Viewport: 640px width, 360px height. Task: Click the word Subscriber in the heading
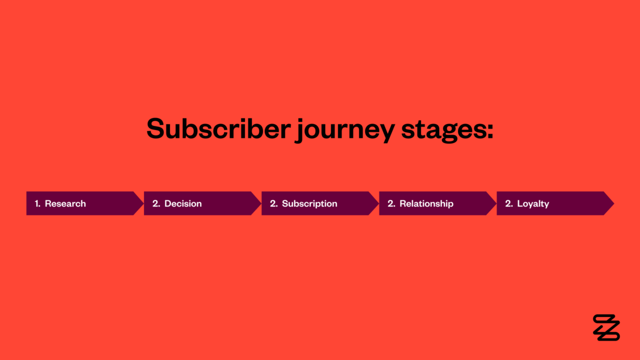pyautogui.click(x=218, y=128)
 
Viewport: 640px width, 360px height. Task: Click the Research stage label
pyautogui.click(x=65, y=203)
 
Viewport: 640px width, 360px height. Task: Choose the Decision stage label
pyautogui.click(x=183, y=203)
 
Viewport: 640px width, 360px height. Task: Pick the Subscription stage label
pyautogui.click(x=309, y=203)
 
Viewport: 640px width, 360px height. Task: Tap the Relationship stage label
pyautogui.click(x=426, y=203)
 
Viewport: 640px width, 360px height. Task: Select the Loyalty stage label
pyautogui.click(x=533, y=203)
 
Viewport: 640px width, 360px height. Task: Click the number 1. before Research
pyautogui.click(x=37, y=203)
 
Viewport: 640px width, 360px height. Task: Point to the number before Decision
pyautogui.click(x=156, y=203)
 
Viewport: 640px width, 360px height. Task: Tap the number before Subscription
pyautogui.click(x=273, y=203)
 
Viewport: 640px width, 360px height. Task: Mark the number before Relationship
pyautogui.click(x=391, y=203)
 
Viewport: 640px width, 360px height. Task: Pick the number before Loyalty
pyautogui.click(x=508, y=203)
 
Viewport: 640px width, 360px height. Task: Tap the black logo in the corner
pyautogui.click(x=606, y=327)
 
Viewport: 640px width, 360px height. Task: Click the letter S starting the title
pyautogui.click(x=155, y=128)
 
